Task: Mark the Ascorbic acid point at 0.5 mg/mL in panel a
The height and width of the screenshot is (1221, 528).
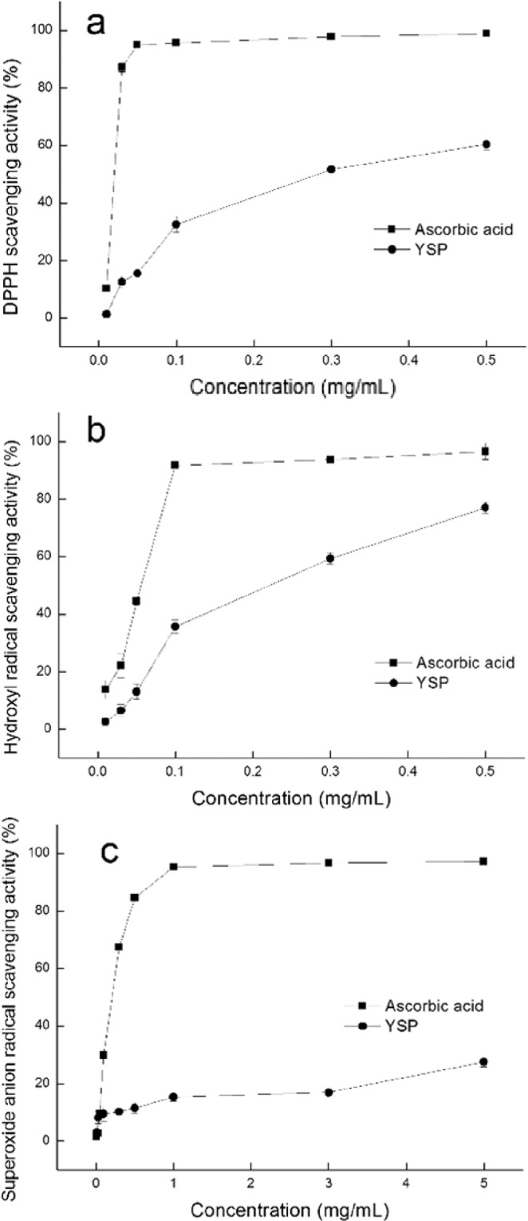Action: (x=486, y=33)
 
